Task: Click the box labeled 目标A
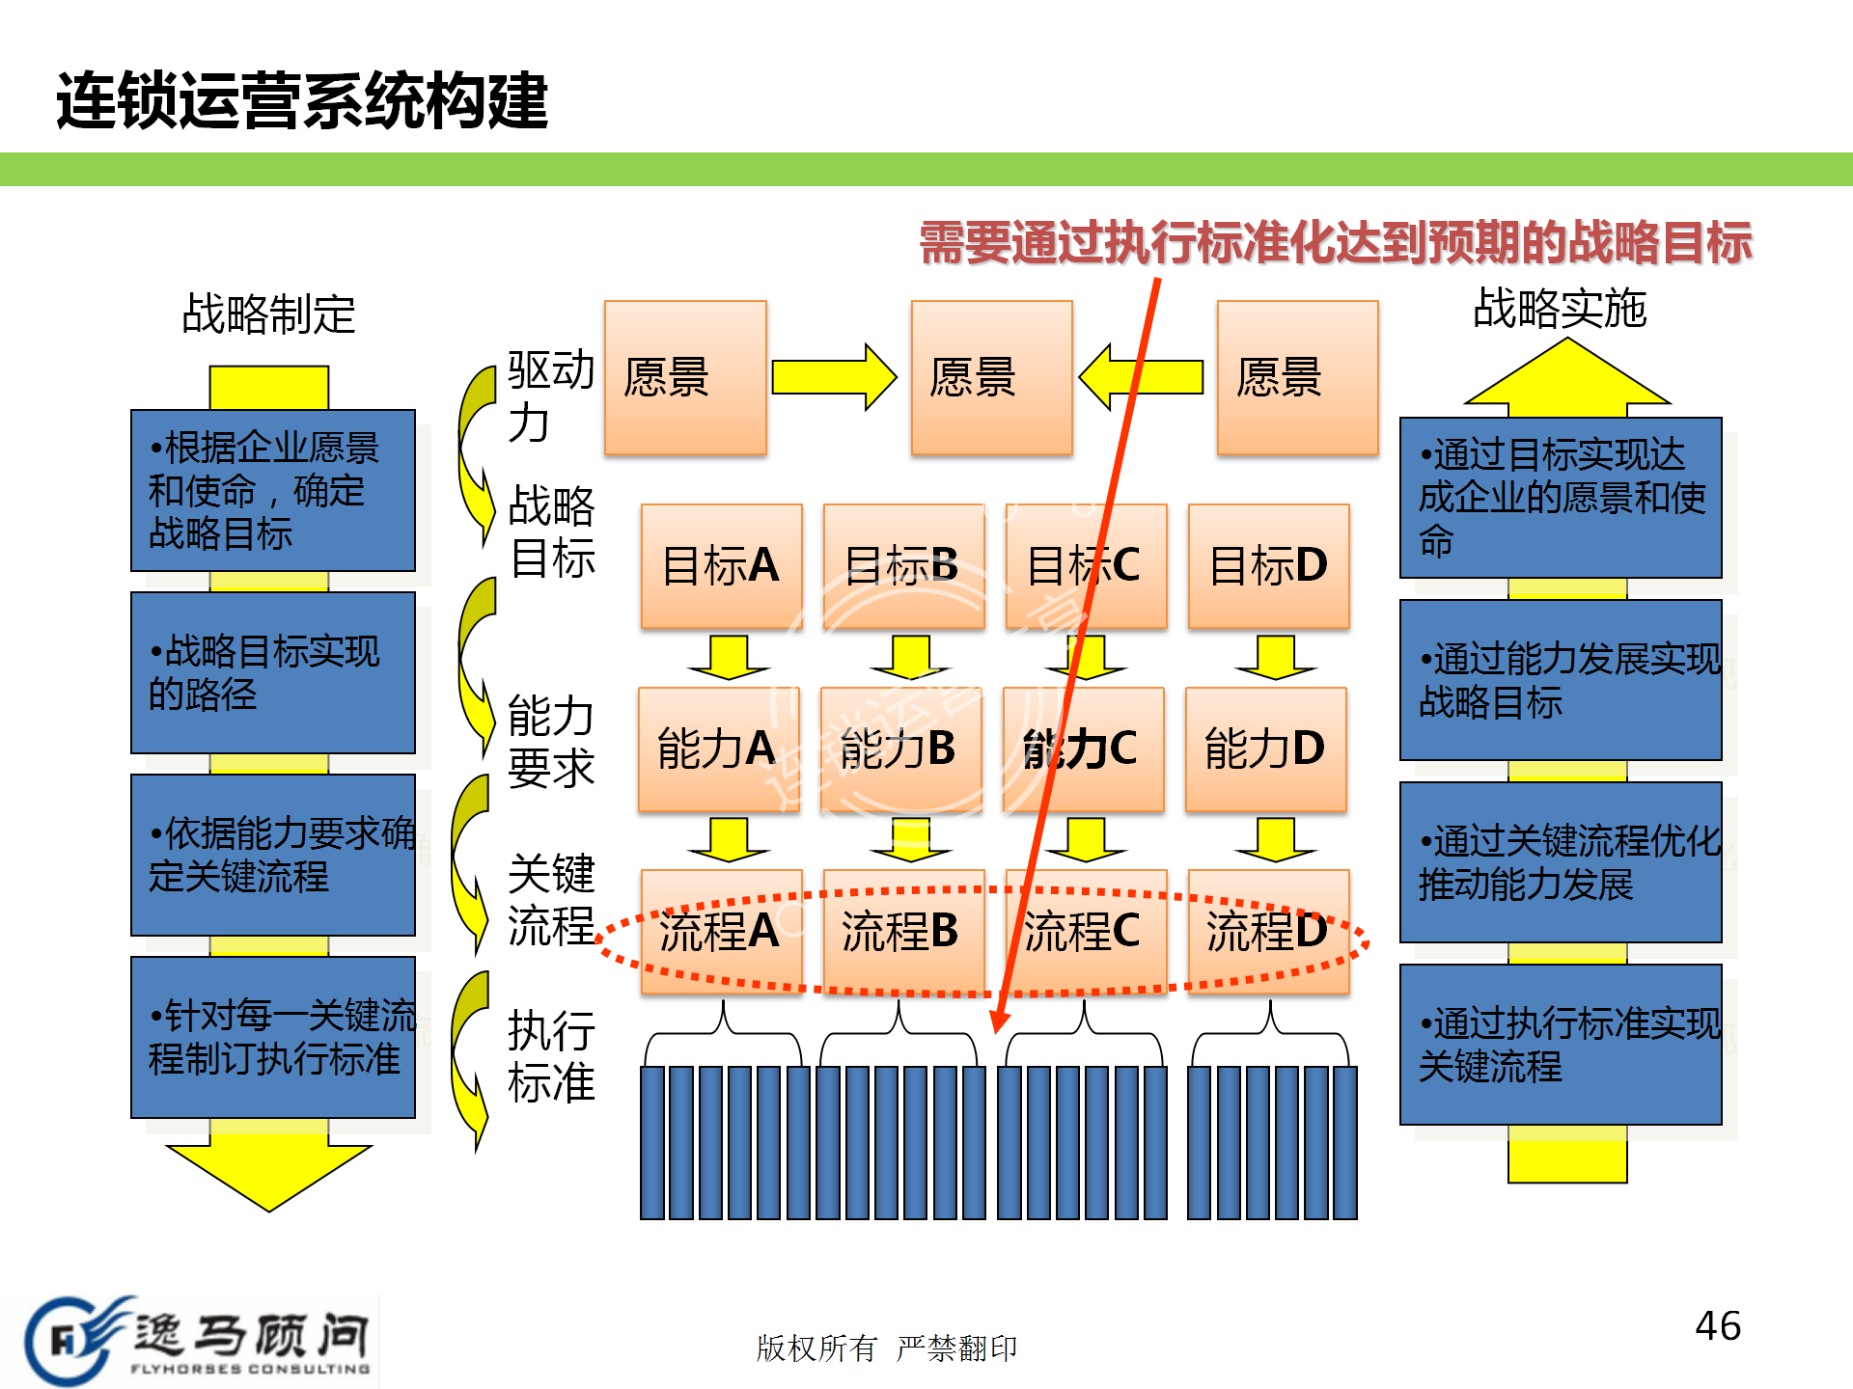pyautogui.click(x=721, y=565)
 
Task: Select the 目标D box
pyautogui.click(x=1268, y=565)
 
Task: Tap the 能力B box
pyautogui.click(x=899, y=749)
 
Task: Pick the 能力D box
pyautogui.click(x=1265, y=749)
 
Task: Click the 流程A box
pyautogui.click(x=721, y=932)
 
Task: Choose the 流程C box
pyautogui.click(x=1085, y=932)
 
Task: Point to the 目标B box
pyautogui.click(x=903, y=565)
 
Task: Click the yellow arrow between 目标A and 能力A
pyautogui.click(x=728, y=657)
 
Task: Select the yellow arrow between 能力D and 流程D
pyautogui.click(x=1275, y=839)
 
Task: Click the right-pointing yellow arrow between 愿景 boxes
pyautogui.click(x=834, y=377)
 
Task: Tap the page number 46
pyautogui.click(x=1718, y=1326)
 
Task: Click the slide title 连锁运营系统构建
pyautogui.click(x=302, y=100)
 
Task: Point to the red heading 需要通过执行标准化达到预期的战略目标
pyautogui.click(x=1335, y=242)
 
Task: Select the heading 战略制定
pyautogui.click(x=268, y=314)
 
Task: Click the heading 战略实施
pyautogui.click(x=1560, y=309)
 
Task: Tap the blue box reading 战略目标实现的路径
pyautogui.click(x=273, y=672)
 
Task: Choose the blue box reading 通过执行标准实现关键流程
pyautogui.click(x=1561, y=1045)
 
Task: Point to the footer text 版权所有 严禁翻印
pyautogui.click(x=886, y=1348)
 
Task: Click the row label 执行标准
pyautogui.click(x=551, y=1057)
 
